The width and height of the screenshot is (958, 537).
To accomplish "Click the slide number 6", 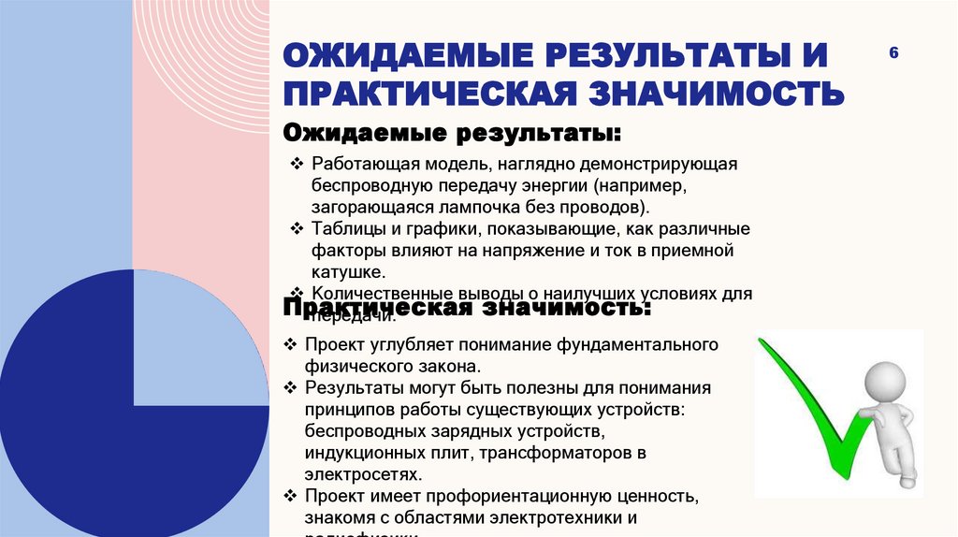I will coord(893,53).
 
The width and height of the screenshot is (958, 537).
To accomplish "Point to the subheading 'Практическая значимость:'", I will coord(467,307).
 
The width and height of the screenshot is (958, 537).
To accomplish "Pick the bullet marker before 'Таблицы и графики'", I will coord(297,228).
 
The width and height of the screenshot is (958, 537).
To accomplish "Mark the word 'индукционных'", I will coord(361,453).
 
